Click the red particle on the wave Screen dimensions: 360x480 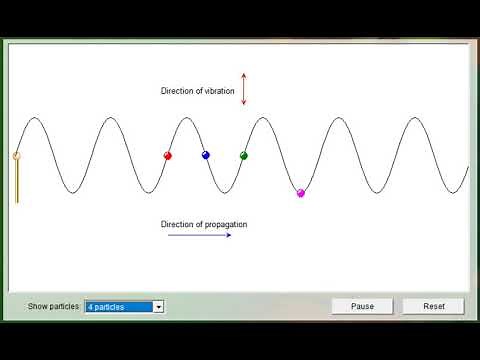[167, 155]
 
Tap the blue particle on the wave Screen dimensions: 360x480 [205, 155]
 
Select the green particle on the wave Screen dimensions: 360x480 [243, 155]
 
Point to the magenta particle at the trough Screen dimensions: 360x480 [300, 192]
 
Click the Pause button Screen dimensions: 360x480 [362, 306]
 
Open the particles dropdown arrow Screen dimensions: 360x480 [158, 307]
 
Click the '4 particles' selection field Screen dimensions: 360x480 [118, 307]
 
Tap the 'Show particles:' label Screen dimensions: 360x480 [54, 307]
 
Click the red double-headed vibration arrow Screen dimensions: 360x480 [243, 88]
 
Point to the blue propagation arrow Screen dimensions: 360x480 [199, 236]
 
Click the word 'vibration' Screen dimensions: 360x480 [218, 91]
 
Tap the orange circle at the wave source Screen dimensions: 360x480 [16, 155]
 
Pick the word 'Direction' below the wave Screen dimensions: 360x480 [178, 224]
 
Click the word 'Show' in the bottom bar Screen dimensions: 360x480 [37, 307]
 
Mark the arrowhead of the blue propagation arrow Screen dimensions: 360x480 [228, 236]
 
